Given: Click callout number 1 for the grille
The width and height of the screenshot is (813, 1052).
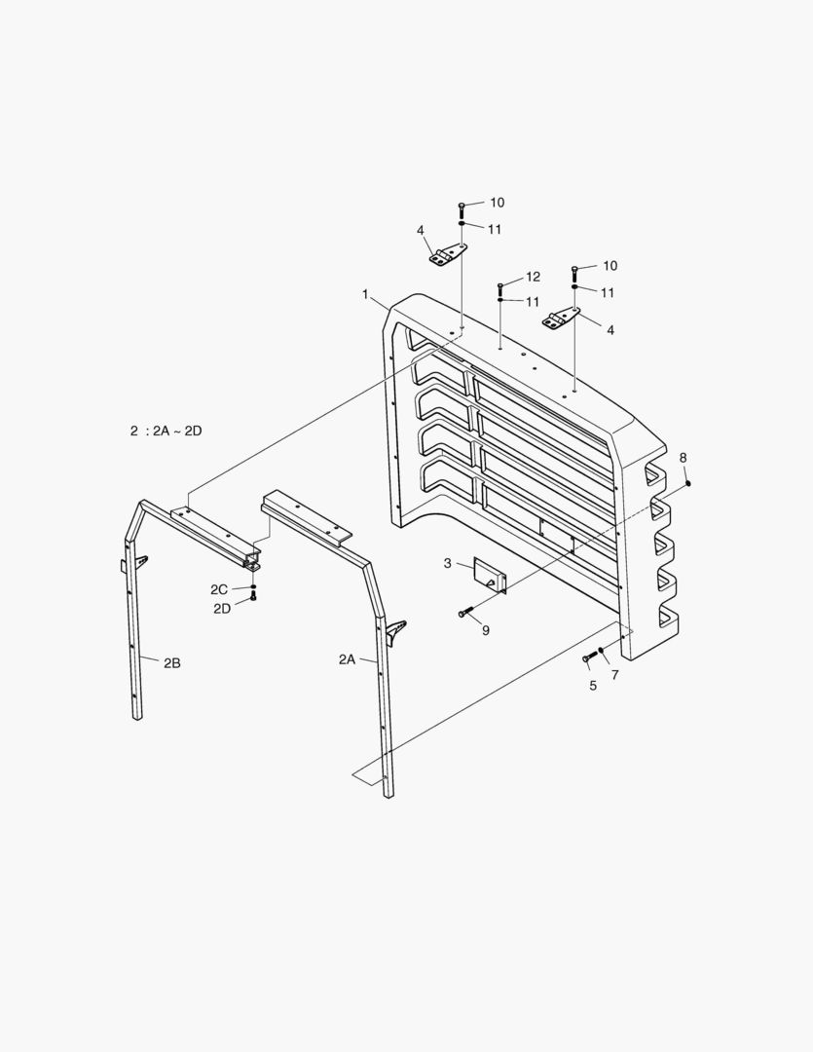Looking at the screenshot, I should (365, 293).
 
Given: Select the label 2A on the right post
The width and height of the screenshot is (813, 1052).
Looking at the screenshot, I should (348, 659).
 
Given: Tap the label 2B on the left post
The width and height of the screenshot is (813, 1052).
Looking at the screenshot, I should (172, 663).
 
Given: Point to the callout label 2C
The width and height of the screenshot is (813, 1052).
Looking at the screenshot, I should (219, 589).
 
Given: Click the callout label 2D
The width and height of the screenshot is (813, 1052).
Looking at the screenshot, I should (222, 608).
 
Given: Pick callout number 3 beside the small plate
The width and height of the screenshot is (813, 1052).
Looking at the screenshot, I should (447, 563).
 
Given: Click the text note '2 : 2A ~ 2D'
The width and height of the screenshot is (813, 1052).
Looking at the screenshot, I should (166, 431).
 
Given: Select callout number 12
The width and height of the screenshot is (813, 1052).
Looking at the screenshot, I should (533, 277).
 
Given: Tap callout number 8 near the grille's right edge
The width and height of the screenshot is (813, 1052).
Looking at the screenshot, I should (683, 458).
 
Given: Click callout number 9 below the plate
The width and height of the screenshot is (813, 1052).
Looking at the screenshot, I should (485, 630).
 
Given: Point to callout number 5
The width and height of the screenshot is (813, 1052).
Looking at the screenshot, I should (592, 685).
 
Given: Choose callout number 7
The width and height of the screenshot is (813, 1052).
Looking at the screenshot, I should (614, 675).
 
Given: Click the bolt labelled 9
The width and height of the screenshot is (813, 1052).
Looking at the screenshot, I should (465, 613).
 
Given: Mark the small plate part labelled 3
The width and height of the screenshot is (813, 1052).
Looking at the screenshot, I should (490, 575).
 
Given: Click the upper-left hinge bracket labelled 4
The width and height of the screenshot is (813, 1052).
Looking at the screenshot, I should (447, 256).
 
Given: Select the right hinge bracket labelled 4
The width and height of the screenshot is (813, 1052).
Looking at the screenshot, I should (562, 319).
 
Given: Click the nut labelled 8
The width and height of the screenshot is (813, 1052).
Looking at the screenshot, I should (687, 482).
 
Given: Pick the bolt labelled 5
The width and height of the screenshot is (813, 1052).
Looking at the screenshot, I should (588, 659).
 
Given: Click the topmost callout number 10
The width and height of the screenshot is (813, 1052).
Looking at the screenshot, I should (498, 203).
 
